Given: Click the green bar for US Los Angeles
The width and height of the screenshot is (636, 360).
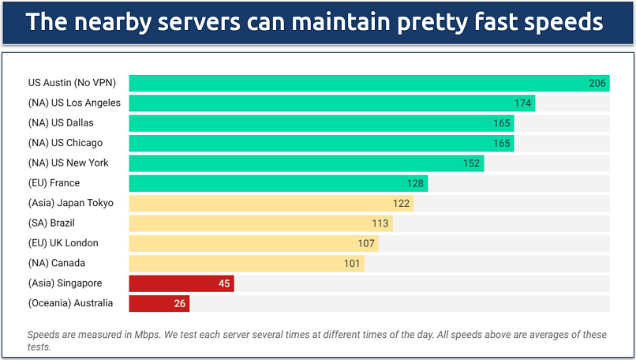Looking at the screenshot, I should pos(331,103).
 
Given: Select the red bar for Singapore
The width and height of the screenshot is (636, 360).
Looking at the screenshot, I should pos(181,283).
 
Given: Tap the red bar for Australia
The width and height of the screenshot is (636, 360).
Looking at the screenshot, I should pos(159,303).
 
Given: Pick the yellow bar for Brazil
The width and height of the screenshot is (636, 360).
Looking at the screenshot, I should pos(260,223).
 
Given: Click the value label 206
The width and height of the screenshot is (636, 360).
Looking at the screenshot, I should pos(597,84).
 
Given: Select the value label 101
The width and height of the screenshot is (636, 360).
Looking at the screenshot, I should pos(351,264).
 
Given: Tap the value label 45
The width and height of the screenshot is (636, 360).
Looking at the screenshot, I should pos(223,283).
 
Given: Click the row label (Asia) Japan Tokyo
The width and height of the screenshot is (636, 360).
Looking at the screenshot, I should pos(70,203).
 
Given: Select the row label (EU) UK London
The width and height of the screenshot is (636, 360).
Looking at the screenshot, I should pos(63,243).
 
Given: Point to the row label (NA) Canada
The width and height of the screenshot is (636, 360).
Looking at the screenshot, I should pos(56,263).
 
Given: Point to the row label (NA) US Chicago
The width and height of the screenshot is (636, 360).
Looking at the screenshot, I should pos(65,143).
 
